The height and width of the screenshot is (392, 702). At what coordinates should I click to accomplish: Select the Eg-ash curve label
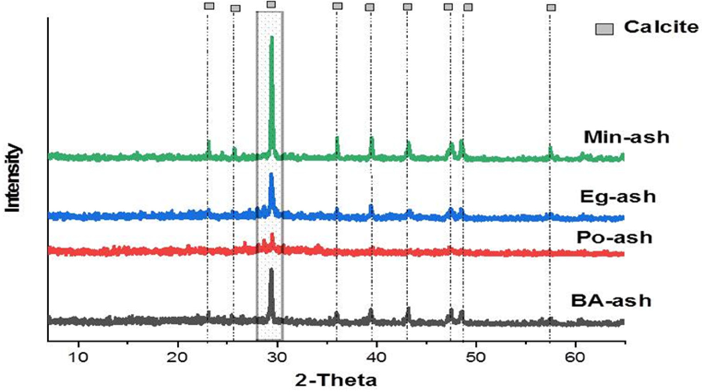(618, 197)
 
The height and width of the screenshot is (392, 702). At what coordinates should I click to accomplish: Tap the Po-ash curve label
(614, 238)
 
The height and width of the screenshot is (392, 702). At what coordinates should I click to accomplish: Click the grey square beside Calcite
(604, 29)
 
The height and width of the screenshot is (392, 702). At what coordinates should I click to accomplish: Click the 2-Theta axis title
(336, 380)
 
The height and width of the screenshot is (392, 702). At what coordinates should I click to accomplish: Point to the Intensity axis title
(13, 178)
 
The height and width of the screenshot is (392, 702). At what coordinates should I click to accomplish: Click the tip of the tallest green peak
(271, 37)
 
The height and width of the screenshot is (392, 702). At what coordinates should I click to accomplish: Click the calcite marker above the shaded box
(271, 4)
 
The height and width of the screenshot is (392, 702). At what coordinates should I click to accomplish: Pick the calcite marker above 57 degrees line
(551, 8)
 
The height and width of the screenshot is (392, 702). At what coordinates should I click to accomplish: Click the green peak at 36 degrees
(337, 138)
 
